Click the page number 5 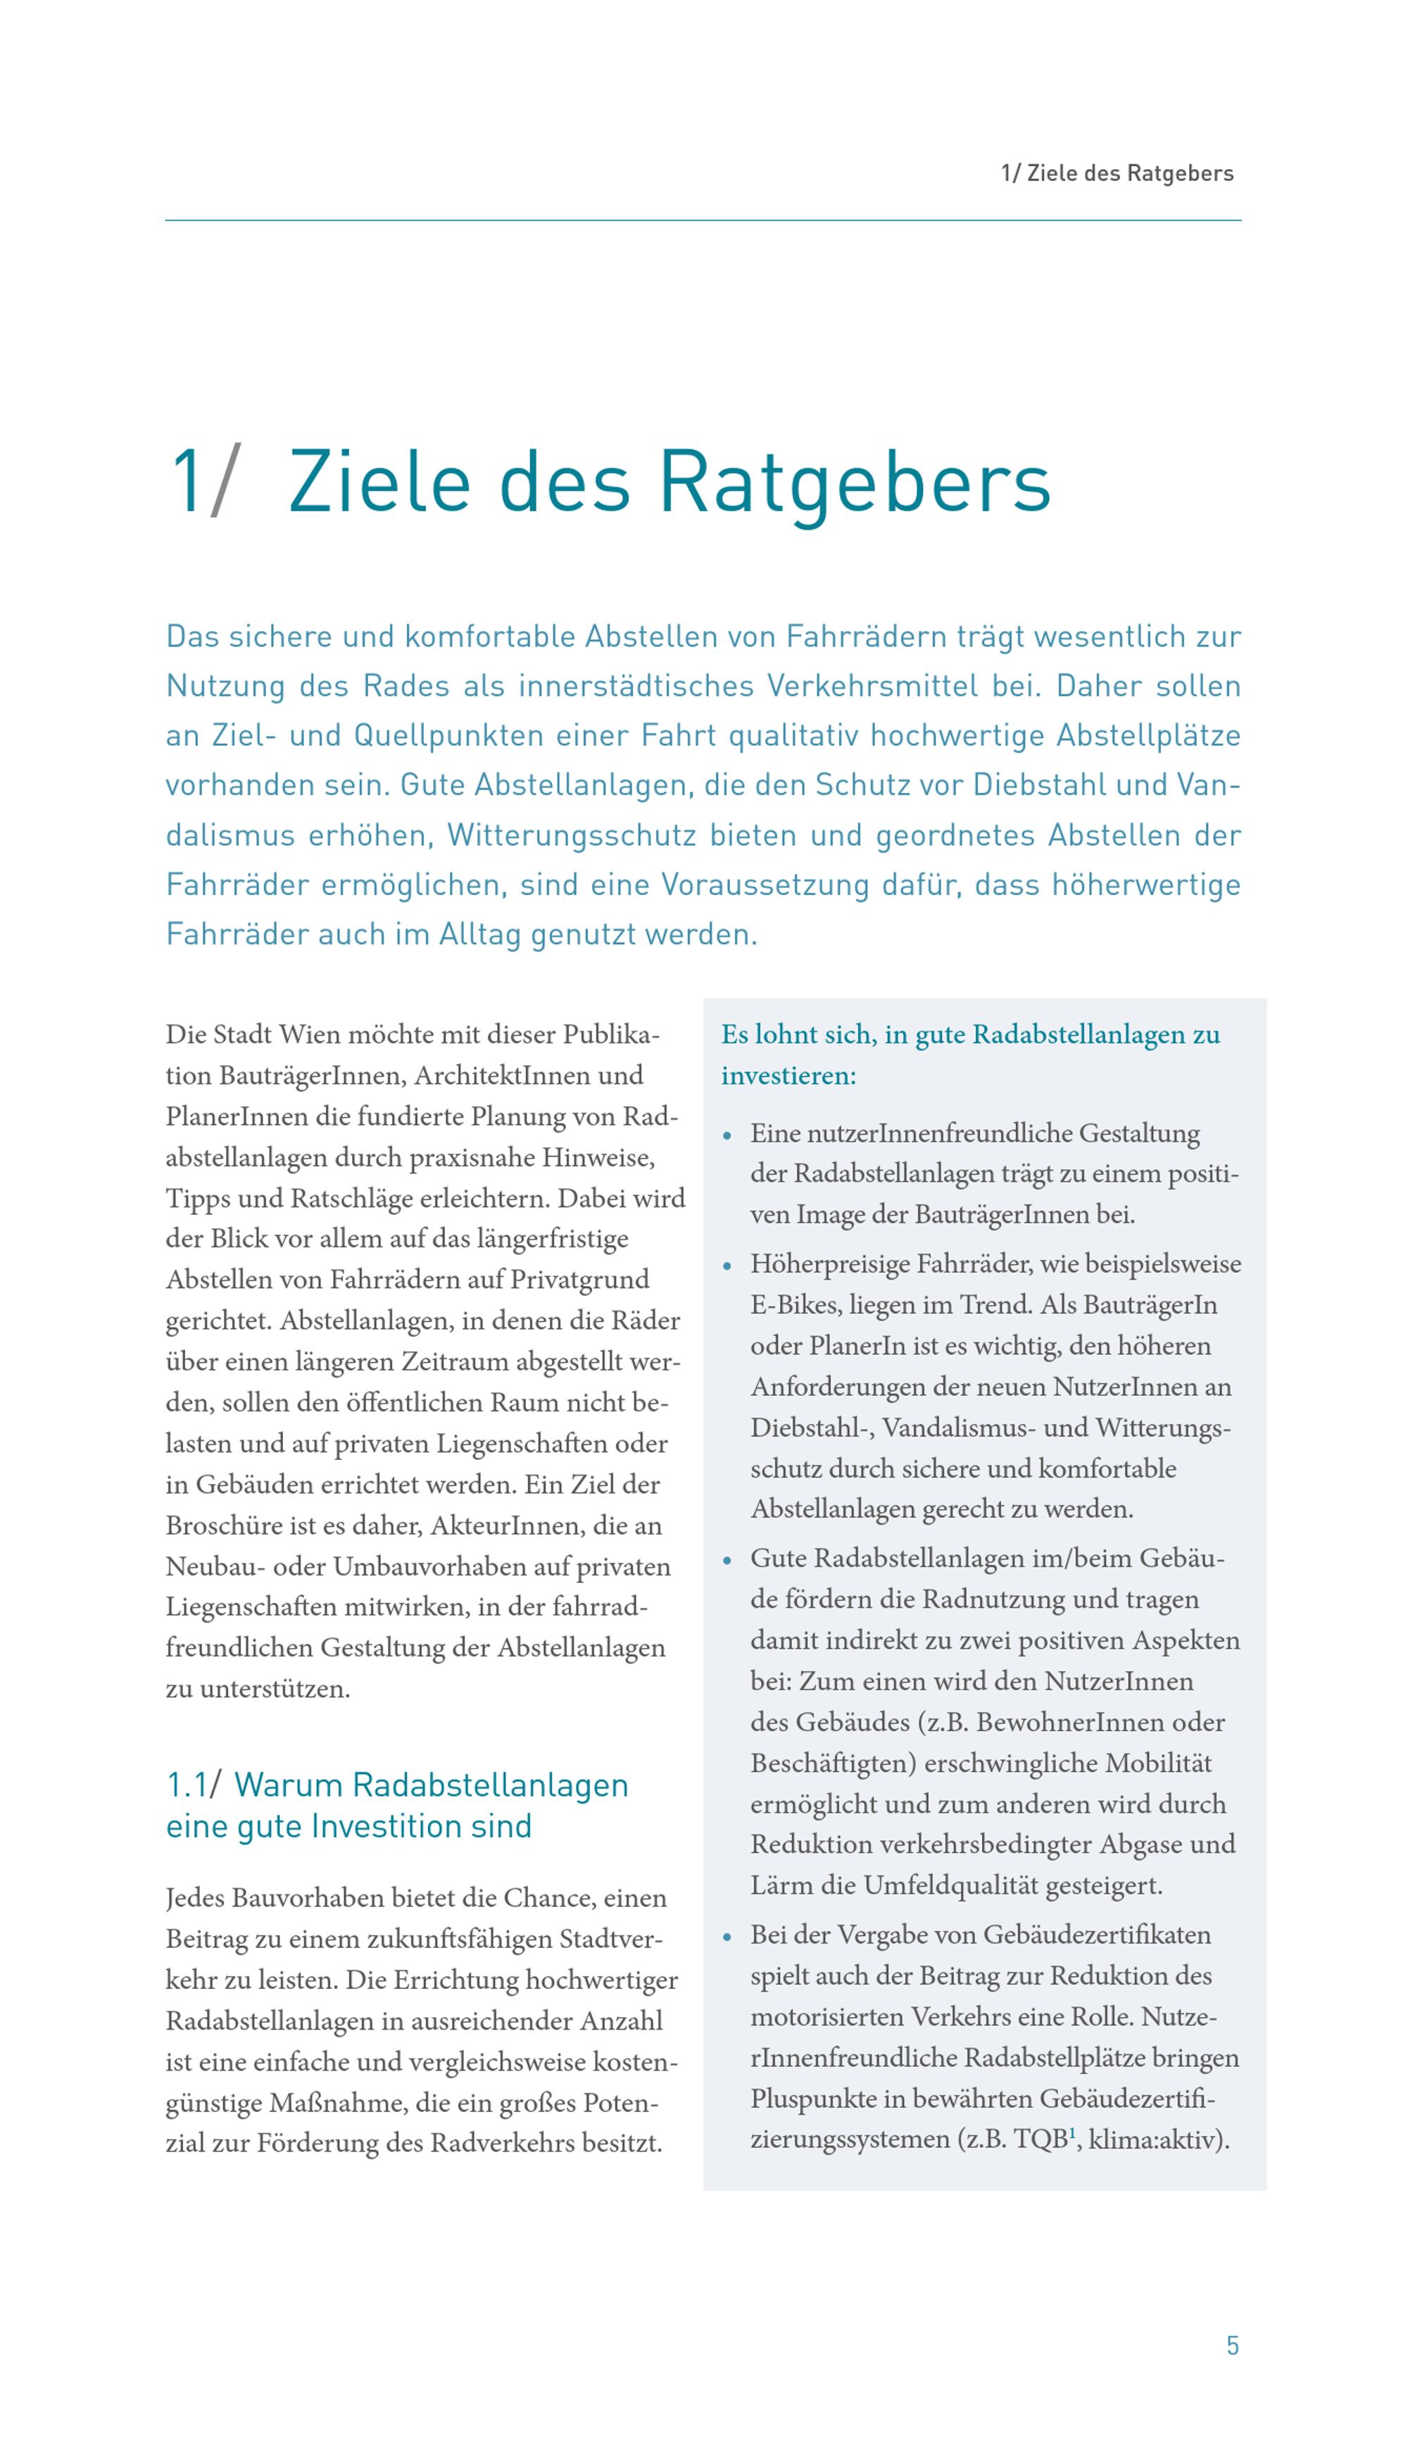[x=1232, y=2345]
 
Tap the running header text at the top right [x=1117, y=174]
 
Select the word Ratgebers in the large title [x=854, y=482]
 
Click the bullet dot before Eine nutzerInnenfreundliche [x=727, y=1136]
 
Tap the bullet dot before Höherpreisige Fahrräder [x=727, y=1266]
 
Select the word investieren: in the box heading [x=788, y=1075]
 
